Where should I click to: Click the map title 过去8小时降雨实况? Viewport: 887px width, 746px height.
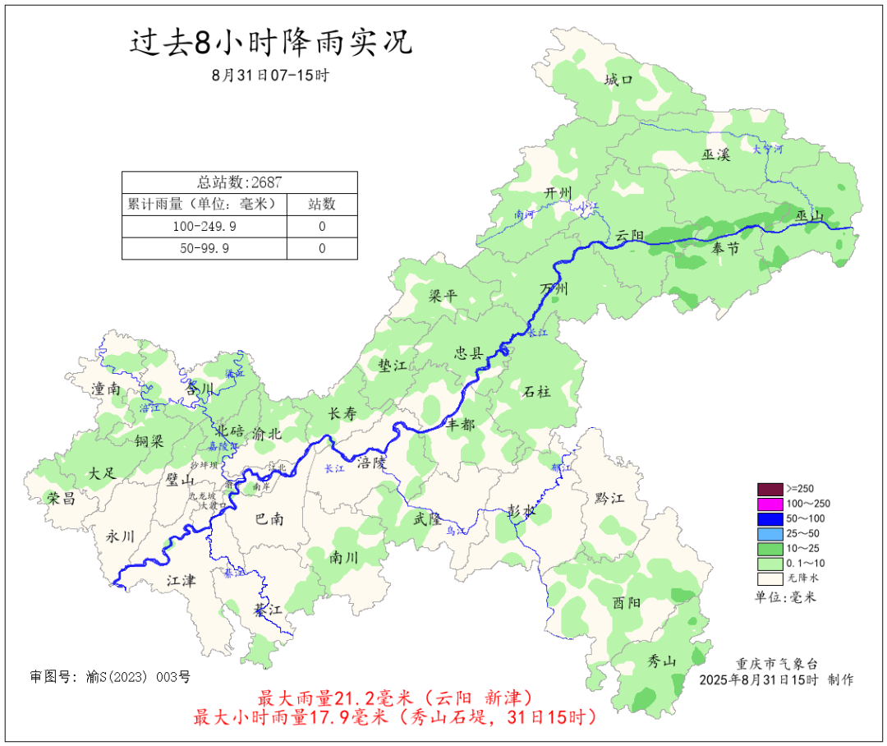point(271,43)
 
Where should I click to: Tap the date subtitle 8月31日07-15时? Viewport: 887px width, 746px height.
point(270,76)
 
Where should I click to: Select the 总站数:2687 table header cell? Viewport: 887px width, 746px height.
point(240,182)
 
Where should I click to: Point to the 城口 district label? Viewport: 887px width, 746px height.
point(618,80)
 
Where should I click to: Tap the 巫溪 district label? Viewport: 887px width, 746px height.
point(715,154)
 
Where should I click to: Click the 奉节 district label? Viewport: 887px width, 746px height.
point(726,248)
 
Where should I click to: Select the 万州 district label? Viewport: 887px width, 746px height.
point(554,289)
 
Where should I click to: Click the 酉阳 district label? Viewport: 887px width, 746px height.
point(627,602)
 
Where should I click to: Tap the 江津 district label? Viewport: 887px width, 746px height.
point(181,581)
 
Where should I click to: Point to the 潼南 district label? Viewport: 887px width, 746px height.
point(107,389)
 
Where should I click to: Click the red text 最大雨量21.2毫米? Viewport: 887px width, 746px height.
point(329,698)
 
